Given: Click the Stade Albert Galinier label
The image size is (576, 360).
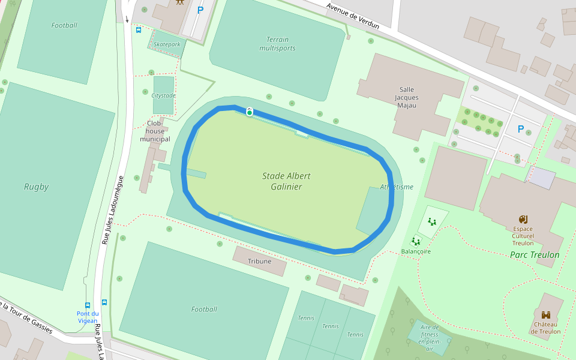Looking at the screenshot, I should (x=282, y=181).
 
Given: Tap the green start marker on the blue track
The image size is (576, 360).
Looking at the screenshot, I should (x=250, y=112).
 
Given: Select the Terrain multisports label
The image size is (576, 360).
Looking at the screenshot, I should (x=277, y=44).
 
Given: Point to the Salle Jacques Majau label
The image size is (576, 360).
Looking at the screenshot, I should (x=406, y=97).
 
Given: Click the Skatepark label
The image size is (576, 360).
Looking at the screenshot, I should (x=166, y=44).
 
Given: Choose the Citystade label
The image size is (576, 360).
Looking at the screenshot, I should (x=164, y=95).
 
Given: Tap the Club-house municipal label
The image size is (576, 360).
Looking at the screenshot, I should (x=155, y=131).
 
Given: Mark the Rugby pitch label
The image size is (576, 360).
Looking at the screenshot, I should (x=36, y=187).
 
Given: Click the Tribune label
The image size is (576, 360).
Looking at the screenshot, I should (x=259, y=261).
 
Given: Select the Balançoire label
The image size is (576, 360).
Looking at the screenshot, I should (x=416, y=251).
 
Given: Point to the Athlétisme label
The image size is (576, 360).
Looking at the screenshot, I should (x=397, y=187).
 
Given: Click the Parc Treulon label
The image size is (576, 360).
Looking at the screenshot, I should (x=535, y=255).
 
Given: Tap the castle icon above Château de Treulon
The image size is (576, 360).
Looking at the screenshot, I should (x=546, y=315).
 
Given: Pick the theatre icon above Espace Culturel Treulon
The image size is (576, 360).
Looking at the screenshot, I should (x=523, y=219).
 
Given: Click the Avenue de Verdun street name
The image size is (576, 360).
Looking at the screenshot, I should (x=353, y=15).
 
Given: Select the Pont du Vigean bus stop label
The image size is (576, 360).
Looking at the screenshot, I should (x=87, y=317).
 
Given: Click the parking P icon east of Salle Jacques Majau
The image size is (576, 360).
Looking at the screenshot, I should (x=520, y=129).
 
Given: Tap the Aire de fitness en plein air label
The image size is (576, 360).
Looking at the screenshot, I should (x=429, y=338).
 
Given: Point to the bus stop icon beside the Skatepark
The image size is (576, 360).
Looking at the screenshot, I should (x=139, y=30).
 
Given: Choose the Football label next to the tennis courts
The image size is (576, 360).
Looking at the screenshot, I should (x=204, y=309).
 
